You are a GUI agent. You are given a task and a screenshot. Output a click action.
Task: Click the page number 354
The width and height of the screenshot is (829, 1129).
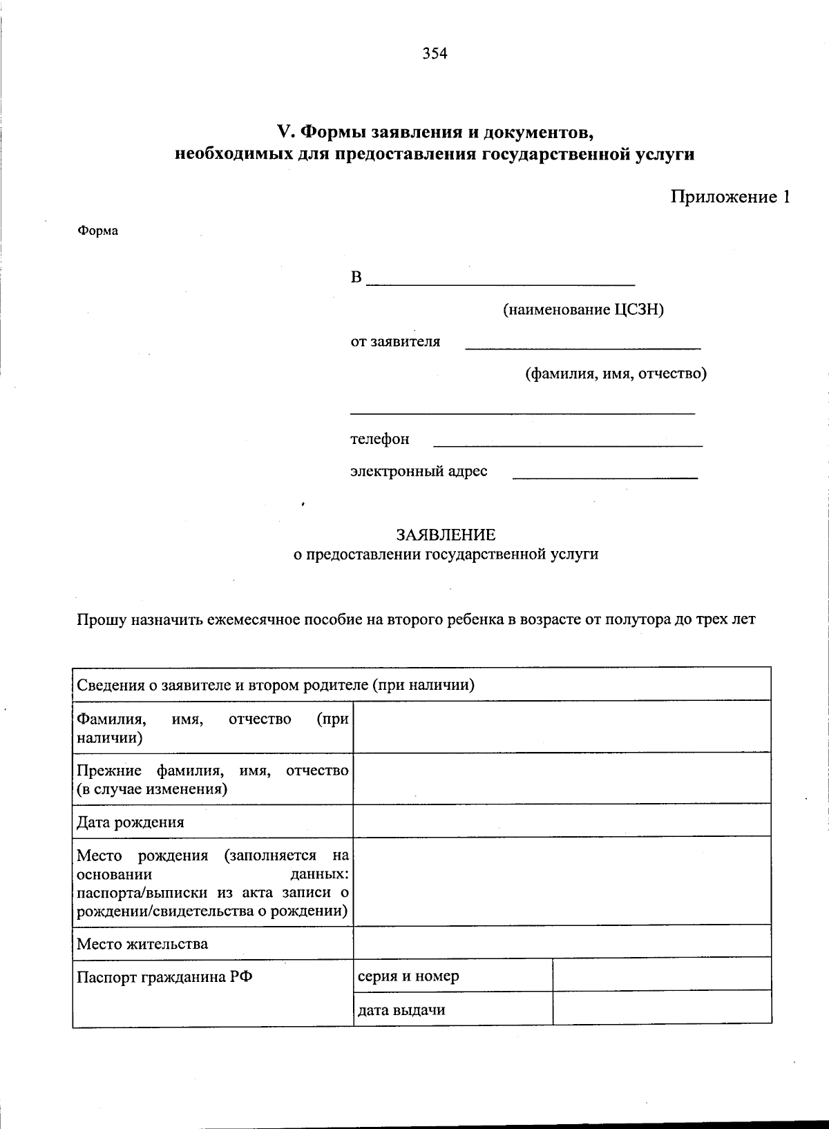coord(435,53)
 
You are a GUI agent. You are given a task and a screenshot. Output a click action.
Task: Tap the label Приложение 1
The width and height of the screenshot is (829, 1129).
coord(730,197)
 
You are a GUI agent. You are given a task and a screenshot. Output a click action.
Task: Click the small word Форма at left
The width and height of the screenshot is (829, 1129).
coord(97,231)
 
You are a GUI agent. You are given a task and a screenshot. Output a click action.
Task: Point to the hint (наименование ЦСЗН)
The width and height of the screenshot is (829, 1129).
coord(582,309)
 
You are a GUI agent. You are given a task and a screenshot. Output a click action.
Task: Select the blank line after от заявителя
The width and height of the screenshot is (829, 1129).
coord(582,345)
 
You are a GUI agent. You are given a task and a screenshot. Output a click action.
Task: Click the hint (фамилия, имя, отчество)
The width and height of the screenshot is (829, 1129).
coord(616,374)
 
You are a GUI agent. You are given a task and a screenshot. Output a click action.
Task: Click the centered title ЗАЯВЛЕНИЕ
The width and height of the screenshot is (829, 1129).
coord(446,534)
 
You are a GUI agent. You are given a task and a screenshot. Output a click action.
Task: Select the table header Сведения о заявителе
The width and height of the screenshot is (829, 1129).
coord(275,685)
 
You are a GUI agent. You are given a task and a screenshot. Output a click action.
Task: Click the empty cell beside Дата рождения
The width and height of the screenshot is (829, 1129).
coord(562,821)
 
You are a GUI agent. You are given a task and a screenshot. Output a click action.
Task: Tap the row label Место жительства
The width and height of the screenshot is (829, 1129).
coord(142,943)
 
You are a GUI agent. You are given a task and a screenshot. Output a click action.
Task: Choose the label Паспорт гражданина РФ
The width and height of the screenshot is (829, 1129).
coord(164,976)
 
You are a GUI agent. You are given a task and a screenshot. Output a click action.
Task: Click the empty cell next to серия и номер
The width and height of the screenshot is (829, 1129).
coord(661,974)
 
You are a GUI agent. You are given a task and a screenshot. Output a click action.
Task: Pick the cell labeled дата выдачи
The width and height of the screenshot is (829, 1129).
coord(401,1010)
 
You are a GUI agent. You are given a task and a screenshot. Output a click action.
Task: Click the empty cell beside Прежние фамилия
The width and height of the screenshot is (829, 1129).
coord(562,778)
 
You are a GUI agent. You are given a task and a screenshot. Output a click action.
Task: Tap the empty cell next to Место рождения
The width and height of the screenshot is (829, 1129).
coord(562,880)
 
